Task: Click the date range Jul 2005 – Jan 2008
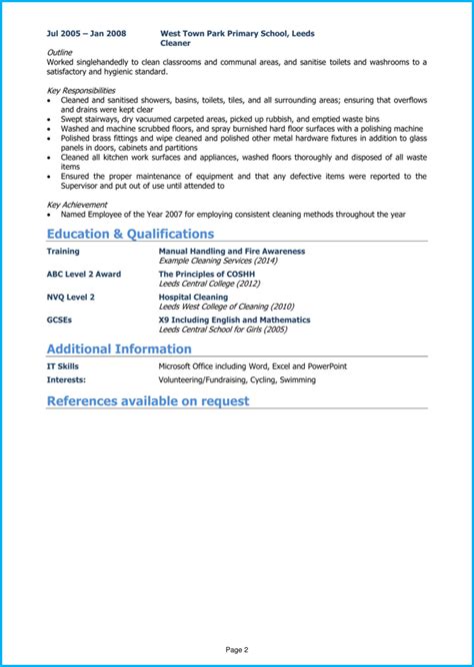(87, 33)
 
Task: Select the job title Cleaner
(175, 43)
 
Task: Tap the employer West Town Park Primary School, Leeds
(237, 33)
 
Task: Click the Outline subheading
(59, 53)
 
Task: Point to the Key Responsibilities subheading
(81, 91)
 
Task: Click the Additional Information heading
(119, 348)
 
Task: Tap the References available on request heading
(148, 400)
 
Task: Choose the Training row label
(63, 252)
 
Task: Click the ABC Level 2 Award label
(83, 275)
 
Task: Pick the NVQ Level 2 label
(71, 297)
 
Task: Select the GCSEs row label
(60, 320)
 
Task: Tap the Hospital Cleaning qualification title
(193, 297)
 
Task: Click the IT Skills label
(65, 366)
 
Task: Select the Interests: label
(66, 379)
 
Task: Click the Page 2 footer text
(237, 649)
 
